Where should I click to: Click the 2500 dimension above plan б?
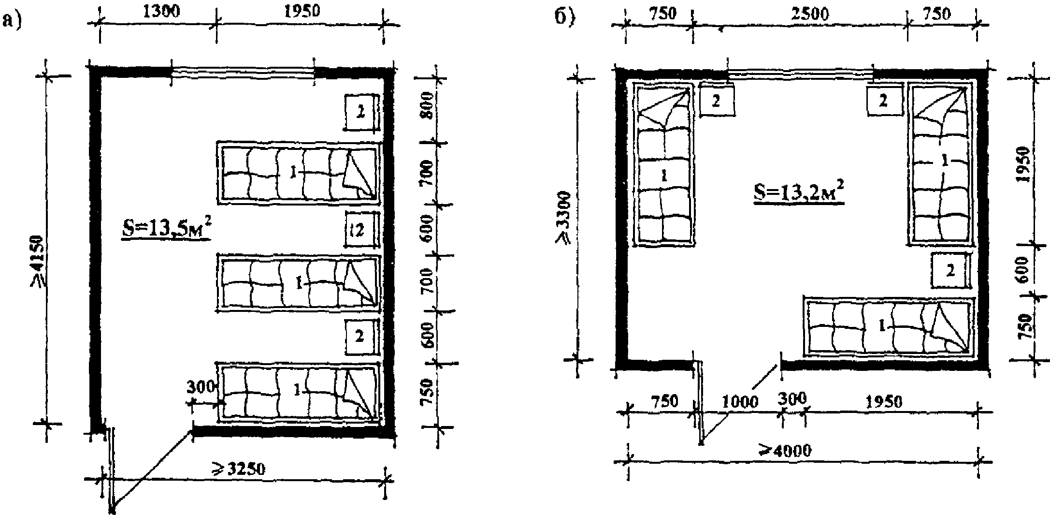click(810, 14)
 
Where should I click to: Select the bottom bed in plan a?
click(298, 392)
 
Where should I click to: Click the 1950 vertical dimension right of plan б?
click(1025, 163)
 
